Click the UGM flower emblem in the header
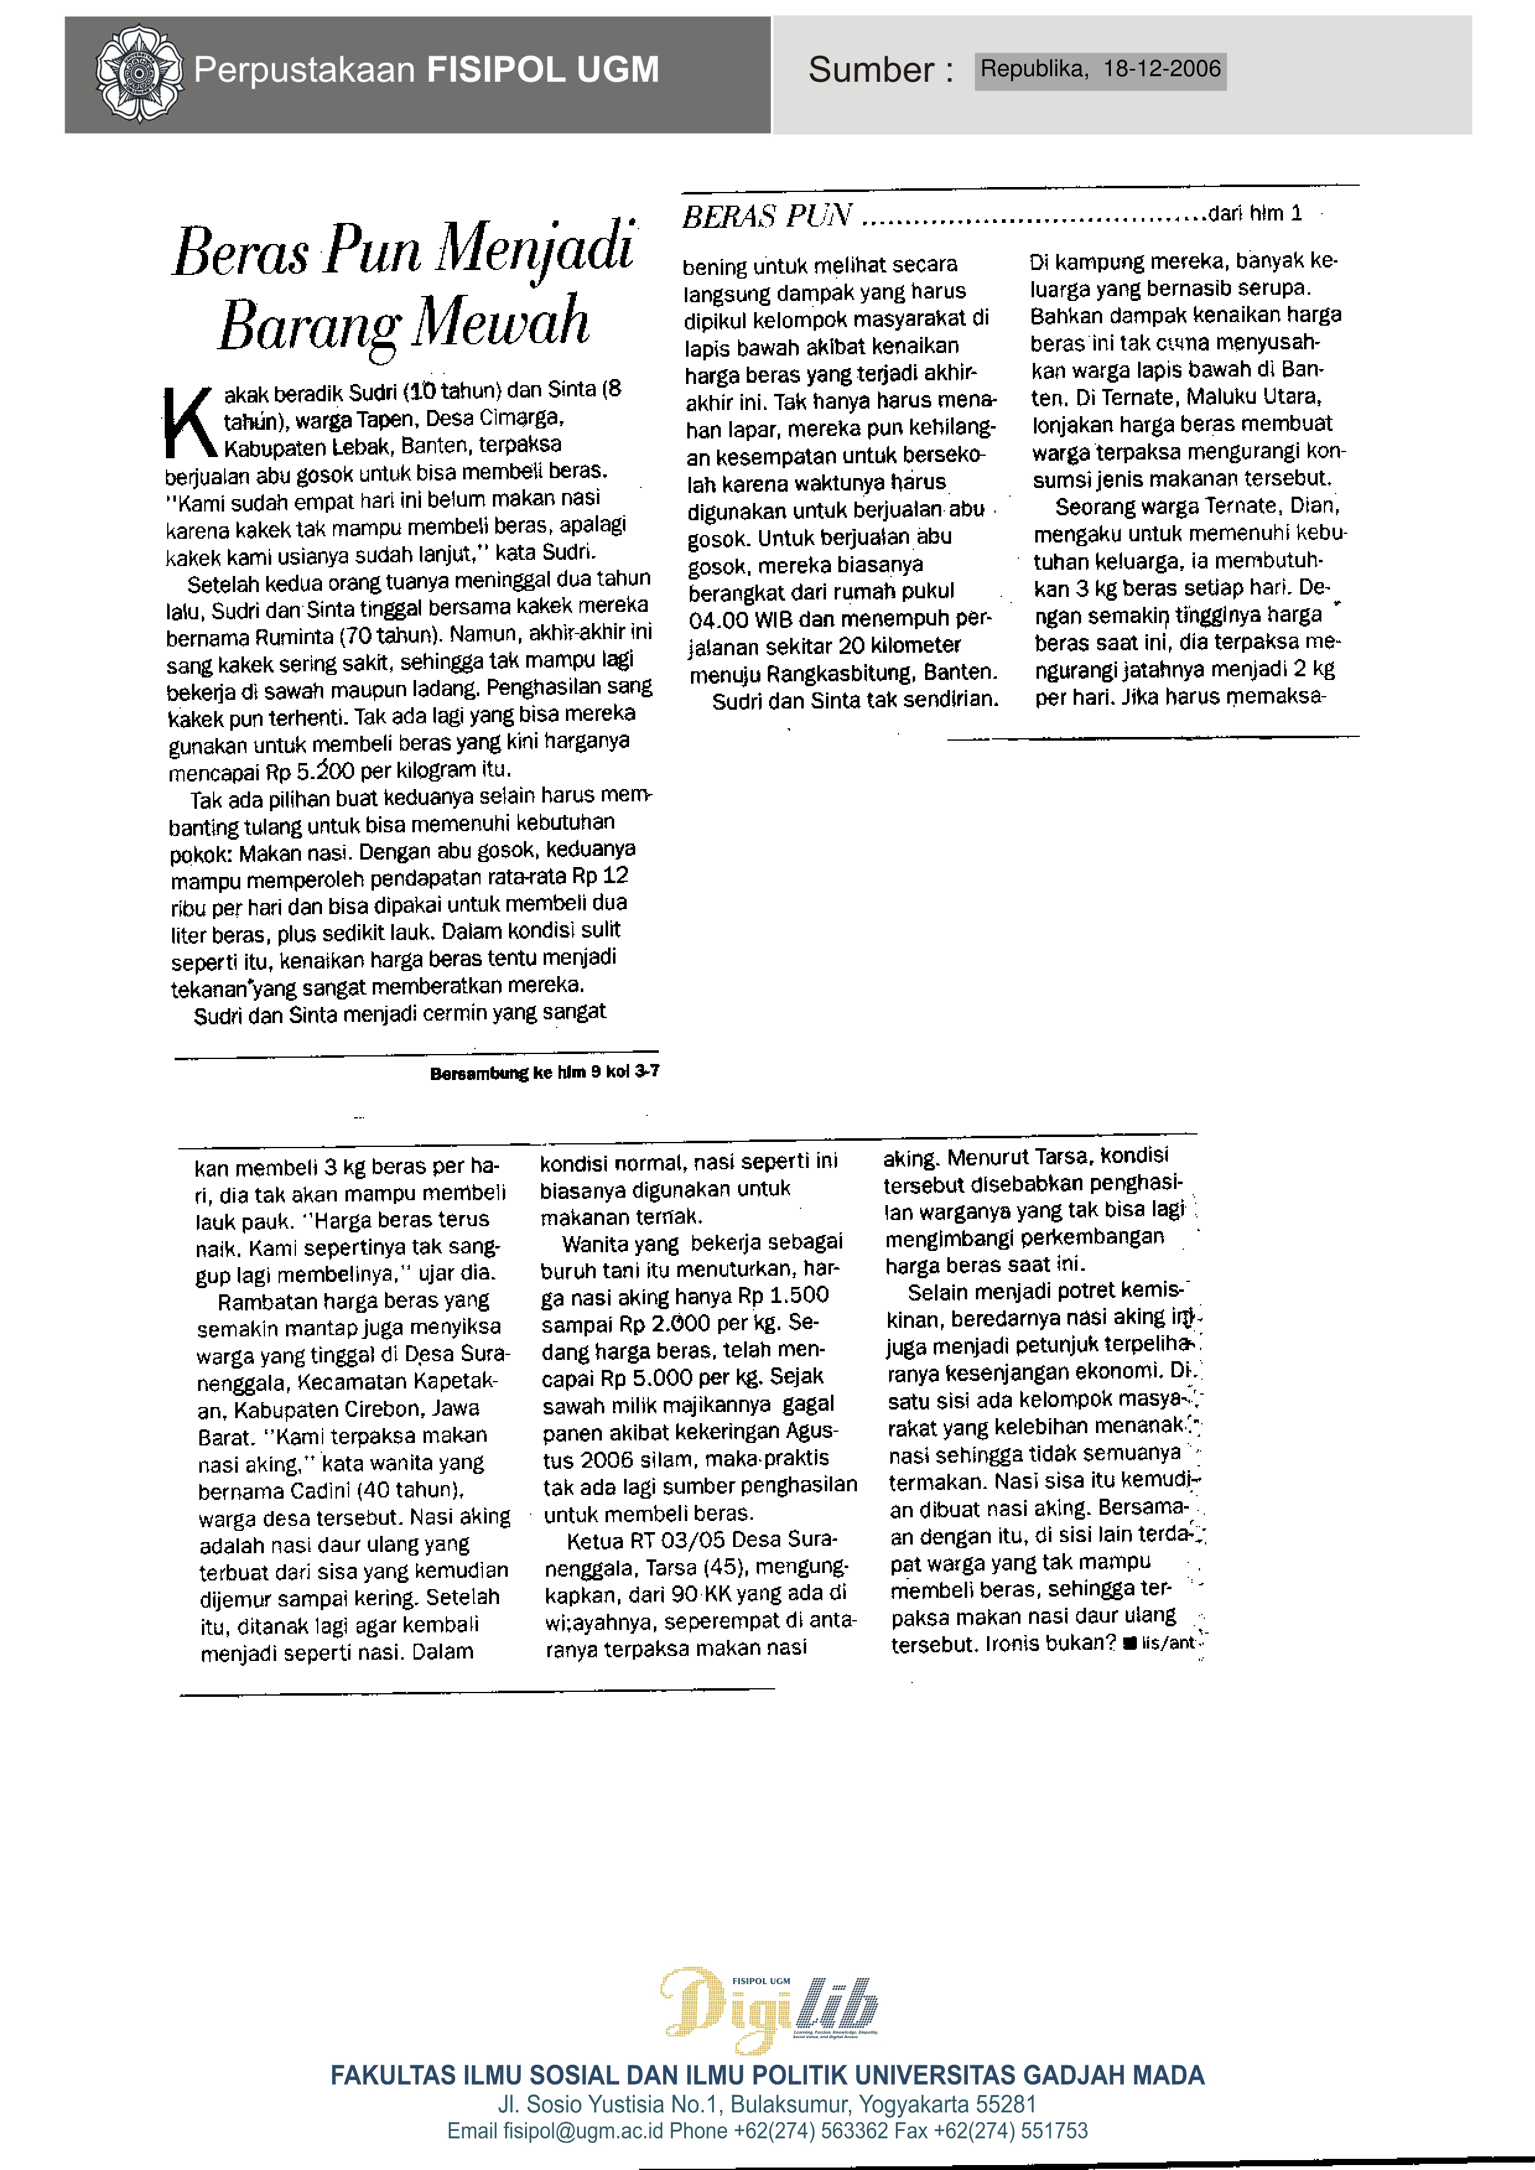coord(139,74)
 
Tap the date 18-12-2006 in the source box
coord(1162,69)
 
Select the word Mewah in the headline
coord(500,322)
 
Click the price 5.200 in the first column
coord(321,771)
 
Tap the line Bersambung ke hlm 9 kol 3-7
coord(544,1072)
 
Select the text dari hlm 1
coord(1255,214)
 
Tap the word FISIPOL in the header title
coord(487,70)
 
